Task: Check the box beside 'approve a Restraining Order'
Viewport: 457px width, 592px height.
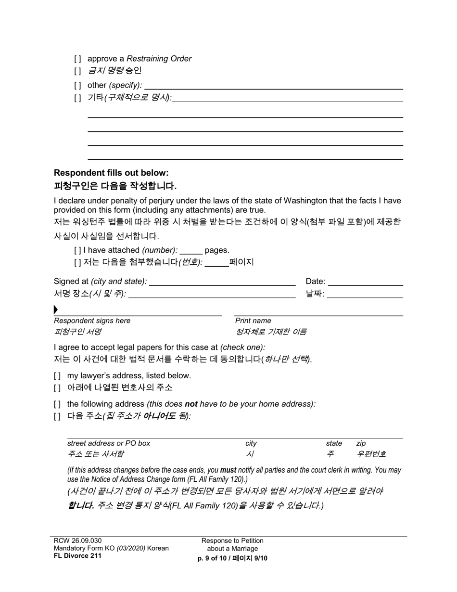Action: [x=78, y=59]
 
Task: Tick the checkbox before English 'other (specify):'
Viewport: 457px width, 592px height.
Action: [x=78, y=85]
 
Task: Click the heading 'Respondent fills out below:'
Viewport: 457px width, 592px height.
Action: [x=111, y=173]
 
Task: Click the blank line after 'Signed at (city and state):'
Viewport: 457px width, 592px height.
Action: [x=222, y=282]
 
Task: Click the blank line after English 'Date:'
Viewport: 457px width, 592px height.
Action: [x=365, y=282]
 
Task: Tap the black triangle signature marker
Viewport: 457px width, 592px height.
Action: [x=56, y=309]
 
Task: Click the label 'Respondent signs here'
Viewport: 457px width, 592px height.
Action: [x=92, y=321]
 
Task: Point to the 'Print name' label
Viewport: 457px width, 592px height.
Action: [x=253, y=321]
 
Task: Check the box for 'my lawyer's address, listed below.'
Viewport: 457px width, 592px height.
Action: [x=58, y=376]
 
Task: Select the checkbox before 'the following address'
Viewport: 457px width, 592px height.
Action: [x=58, y=404]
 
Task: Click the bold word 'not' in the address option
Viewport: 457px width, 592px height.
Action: [x=191, y=404]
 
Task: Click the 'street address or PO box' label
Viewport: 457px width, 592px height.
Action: [x=109, y=443]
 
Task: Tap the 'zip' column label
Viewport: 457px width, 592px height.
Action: [x=361, y=443]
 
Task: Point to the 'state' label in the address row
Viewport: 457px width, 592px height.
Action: [x=334, y=443]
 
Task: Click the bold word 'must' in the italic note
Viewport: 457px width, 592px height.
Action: [x=228, y=470]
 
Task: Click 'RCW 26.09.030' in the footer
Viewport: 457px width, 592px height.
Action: [x=77, y=541]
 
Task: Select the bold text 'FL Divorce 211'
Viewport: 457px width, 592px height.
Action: [x=77, y=556]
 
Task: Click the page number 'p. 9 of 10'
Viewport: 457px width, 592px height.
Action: [x=213, y=558]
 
